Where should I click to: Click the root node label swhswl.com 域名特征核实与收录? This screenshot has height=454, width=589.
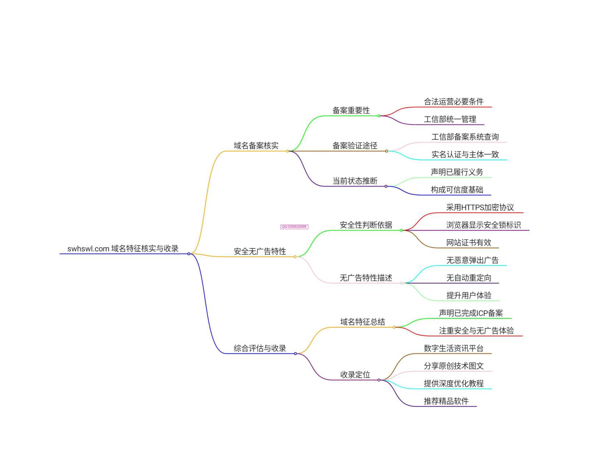(123, 249)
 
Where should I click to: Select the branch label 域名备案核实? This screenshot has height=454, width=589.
(256, 146)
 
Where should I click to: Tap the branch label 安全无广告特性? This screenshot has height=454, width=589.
(260, 251)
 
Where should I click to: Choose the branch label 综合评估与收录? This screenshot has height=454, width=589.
(260, 348)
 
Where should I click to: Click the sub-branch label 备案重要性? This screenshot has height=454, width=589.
(351, 110)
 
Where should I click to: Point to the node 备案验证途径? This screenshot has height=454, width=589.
(355, 146)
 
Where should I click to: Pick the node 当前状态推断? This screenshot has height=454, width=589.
(355, 181)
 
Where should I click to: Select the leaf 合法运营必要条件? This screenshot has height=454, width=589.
(453, 102)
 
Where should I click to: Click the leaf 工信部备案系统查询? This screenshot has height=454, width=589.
(465, 137)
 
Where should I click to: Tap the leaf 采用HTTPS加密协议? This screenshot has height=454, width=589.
(480, 207)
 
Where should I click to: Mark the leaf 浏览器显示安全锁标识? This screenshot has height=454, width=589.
(483, 225)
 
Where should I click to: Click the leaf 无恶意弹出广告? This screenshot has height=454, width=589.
(472, 260)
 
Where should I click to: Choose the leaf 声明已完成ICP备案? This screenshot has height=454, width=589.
(471, 313)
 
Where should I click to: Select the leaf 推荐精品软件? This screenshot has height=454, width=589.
(446, 401)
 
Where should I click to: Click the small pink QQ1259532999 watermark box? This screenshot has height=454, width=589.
(294, 227)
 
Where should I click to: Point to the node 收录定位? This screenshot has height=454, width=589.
(355, 375)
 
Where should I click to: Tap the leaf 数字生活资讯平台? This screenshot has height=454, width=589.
(453, 348)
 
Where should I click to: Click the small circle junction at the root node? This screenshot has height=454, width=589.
(189, 254)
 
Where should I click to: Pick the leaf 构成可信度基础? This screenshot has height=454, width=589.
(457, 190)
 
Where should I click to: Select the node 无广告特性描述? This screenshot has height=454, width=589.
(366, 278)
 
